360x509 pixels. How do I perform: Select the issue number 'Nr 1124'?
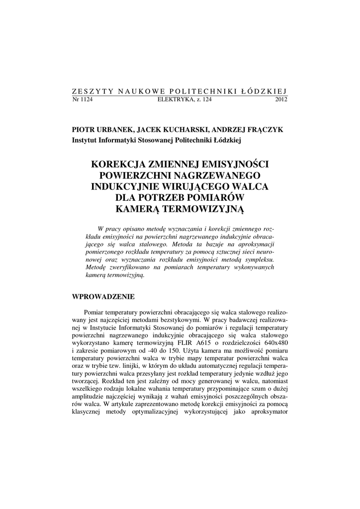point(83,99)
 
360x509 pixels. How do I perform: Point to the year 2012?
point(281,99)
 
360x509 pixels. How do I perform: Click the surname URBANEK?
point(112,129)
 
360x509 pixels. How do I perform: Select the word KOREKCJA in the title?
point(124,164)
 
